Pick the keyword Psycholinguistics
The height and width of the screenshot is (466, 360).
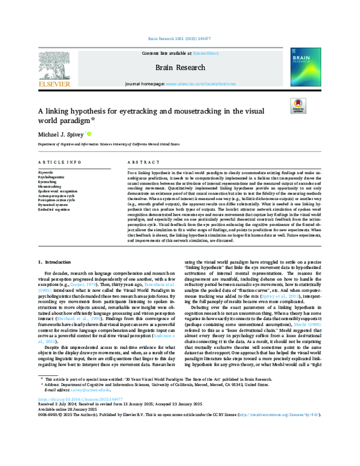(52, 177)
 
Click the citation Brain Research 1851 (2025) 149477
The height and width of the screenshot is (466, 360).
(179, 38)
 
